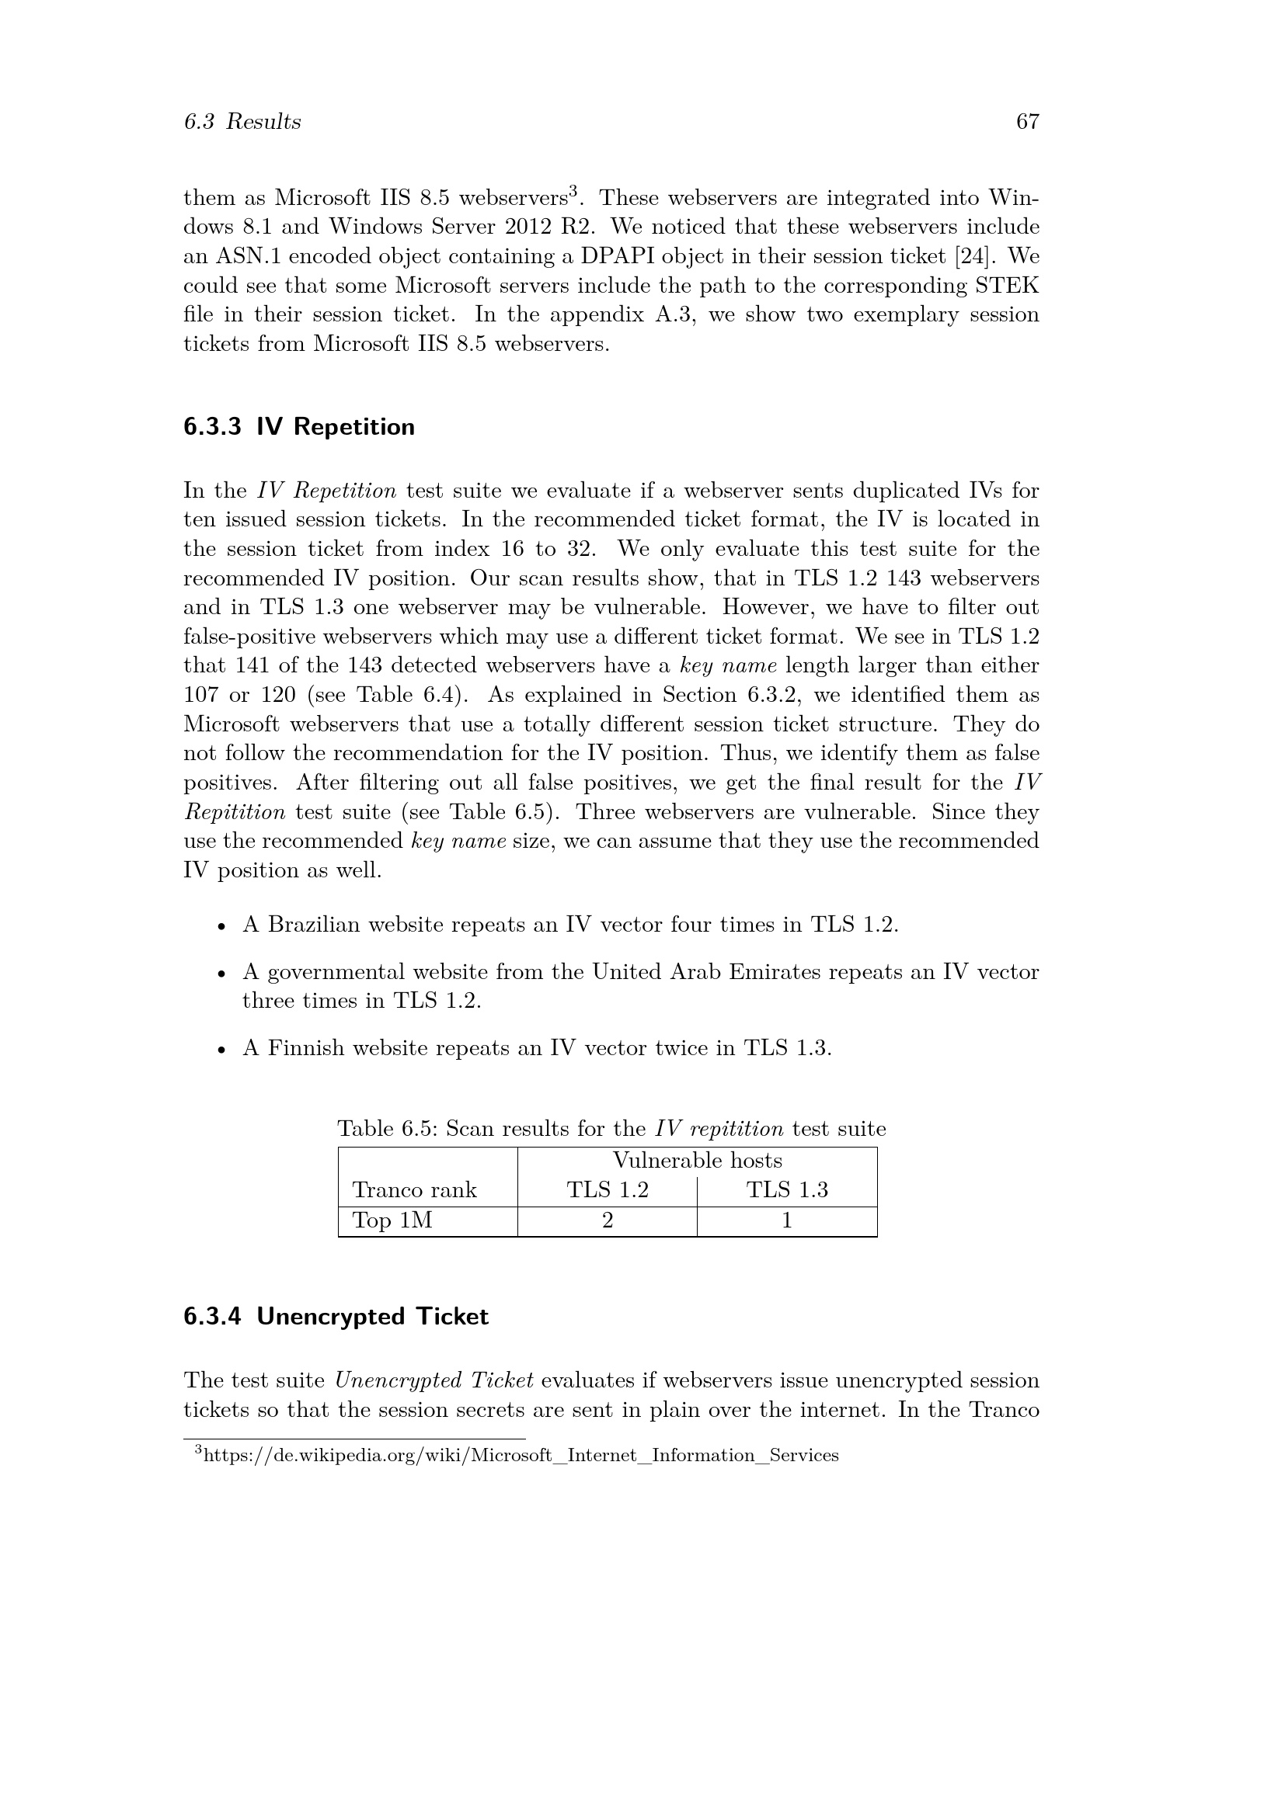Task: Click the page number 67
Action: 1027,122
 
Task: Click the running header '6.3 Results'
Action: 242,122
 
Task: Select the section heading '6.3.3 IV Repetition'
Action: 299,427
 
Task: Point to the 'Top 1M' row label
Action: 392,1221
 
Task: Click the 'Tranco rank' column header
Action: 415,1190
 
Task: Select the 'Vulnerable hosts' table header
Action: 697,1160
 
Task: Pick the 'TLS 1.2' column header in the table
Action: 607,1190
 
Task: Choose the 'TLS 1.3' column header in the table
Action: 786,1190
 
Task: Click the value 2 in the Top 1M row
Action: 607,1221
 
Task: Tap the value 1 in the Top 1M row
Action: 786,1221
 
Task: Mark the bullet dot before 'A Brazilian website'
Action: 222,926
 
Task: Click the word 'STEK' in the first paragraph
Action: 1012,286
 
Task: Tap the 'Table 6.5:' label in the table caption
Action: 388,1129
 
